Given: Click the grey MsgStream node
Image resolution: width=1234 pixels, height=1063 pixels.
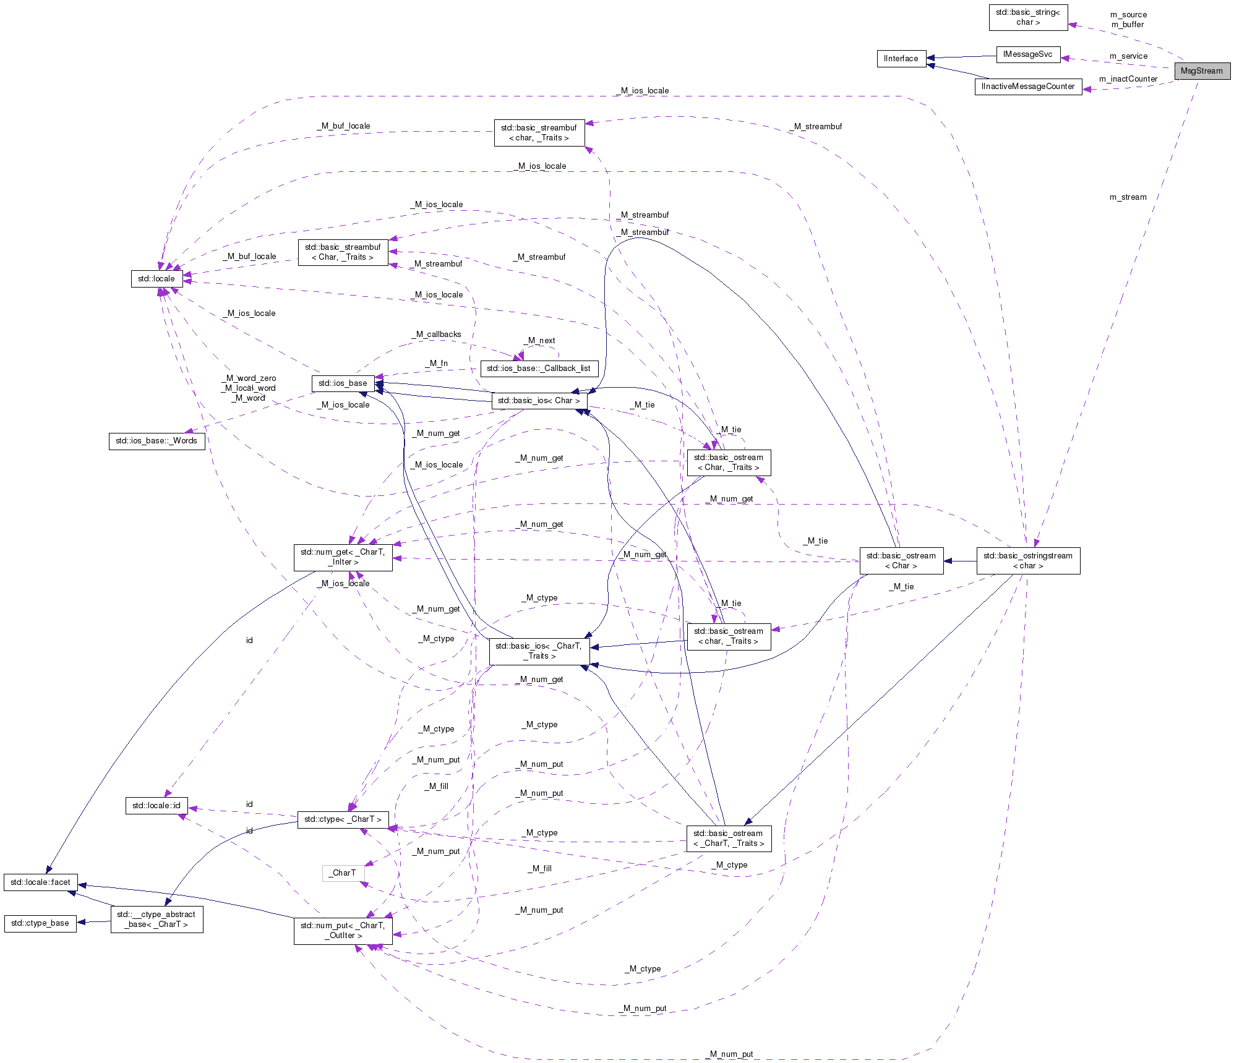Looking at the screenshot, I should pyautogui.click(x=1201, y=71).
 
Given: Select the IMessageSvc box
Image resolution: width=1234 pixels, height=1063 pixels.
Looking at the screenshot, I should pyautogui.click(x=1027, y=54).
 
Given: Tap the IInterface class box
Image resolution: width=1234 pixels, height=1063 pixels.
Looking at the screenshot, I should pyautogui.click(x=901, y=59).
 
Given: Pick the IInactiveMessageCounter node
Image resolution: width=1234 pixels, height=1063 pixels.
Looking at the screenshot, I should pyautogui.click(x=1028, y=87).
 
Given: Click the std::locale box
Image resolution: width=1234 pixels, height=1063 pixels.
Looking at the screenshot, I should pyautogui.click(x=156, y=279).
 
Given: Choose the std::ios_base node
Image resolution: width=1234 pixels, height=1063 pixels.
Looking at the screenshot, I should pyautogui.click(x=343, y=383).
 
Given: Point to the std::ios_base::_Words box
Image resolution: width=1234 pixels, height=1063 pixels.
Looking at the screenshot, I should pyautogui.click(x=156, y=441).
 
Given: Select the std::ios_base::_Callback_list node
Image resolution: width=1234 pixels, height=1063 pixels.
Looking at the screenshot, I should pyautogui.click(x=539, y=369).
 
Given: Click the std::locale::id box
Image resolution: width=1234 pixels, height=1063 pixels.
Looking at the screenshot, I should pyautogui.click(x=156, y=806).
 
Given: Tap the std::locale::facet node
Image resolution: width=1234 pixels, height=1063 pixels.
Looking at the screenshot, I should pyautogui.click(x=41, y=882).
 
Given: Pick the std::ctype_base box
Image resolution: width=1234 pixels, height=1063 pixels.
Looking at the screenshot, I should pyautogui.click(x=40, y=923).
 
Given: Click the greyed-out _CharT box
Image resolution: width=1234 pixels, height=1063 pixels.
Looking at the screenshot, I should pyautogui.click(x=343, y=873).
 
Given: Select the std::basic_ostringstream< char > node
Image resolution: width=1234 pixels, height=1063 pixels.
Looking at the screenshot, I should pyautogui.click(x=1028, y=561).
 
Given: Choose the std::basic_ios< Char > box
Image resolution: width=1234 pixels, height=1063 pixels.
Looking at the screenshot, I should pyautogui.click(x=539, y=401).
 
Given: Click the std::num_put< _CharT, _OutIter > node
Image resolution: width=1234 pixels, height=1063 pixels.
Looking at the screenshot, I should pyautogui.click(x=343, y=931).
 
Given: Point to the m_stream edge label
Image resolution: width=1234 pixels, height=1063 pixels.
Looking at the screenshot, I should pyautogui.click(x=1128, y=197).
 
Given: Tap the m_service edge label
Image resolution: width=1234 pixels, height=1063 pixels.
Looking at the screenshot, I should pyautogui.click(x=1128, y=56).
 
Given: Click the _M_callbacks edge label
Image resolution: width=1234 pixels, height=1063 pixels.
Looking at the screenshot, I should pyautogui.click(x=437, y=335).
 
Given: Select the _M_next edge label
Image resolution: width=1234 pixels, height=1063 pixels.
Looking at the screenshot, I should pyautogui.click(x=539, y=341).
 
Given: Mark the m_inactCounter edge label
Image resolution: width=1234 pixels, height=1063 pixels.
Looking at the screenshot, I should pyautogui.click(x=1128, y=79).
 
